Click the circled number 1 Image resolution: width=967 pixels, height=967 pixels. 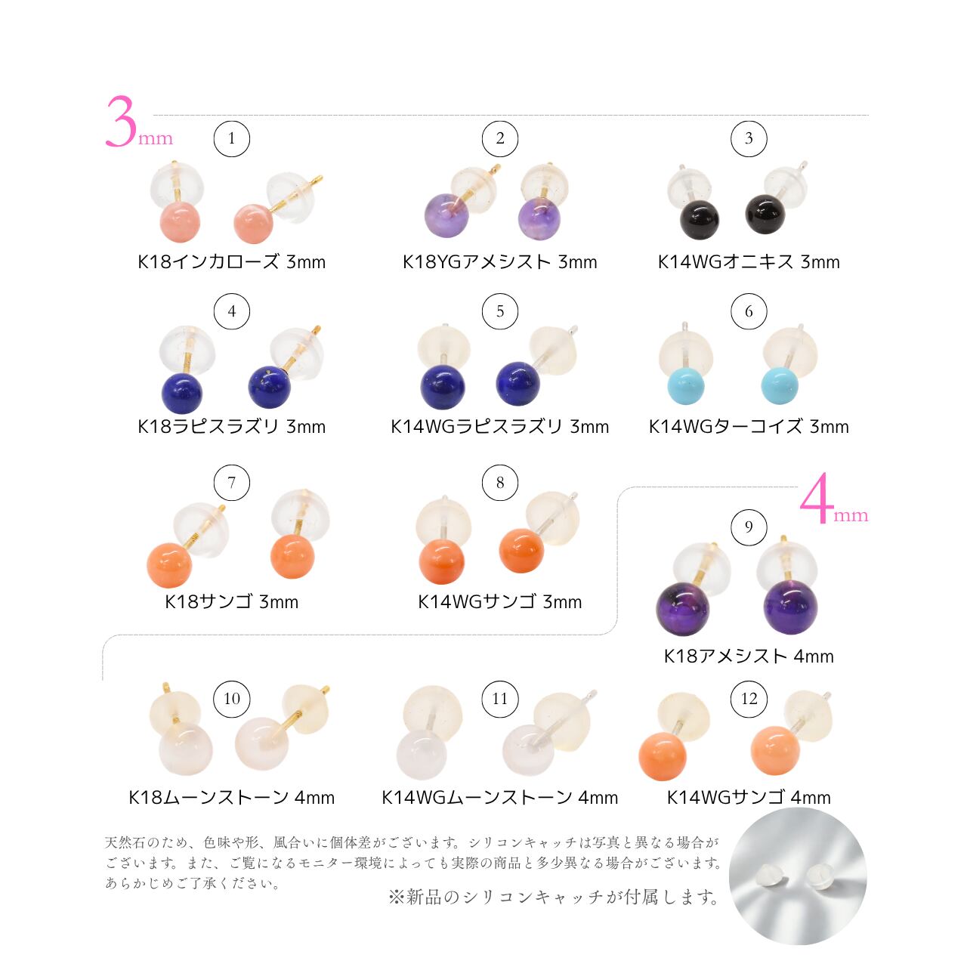pyautogui.click(x=231, y=138)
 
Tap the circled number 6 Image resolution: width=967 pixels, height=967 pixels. pyautogui.click(x=748, y=311)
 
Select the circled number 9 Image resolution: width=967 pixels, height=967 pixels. pyautogui.click(x=748, y=527)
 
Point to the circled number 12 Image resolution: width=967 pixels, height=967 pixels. pyautogui.click(x=748, y=699)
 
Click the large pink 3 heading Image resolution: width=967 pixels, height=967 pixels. pyautogui.click(x=121, y=122)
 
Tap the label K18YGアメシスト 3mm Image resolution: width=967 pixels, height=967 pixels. pyautogui.click(x=500, y=262)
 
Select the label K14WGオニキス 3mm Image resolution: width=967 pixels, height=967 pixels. pyautogui.click(x=748, y=262)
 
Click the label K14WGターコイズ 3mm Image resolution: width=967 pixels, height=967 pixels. pyautogui.click(x=748, y=427)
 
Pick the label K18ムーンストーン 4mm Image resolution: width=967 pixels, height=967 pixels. pyautogui.click(x=231, y=797)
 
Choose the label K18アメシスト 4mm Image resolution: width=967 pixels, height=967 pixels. pyautogui.click(x=748, y=656)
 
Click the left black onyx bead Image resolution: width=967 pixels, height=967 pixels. pyautogui.click(x=699, y=219)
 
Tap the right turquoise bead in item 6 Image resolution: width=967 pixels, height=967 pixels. pyautogui.click(x=779, y=386)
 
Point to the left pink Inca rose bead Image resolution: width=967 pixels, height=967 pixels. pyautogui.click(x=180, y=222)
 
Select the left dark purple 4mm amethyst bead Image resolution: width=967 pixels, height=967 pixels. pyautogui.click(x=682, y=609)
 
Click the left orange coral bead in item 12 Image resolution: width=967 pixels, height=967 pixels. pyautogui.click(x=663, y=756)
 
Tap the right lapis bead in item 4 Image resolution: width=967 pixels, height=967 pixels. pyautogui.click(x=270, y=387)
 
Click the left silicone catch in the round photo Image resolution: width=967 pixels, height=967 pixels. pyautogui.click(x=774, y=876)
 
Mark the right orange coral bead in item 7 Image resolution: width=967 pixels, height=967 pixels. pyautogui.click(x=293, y=557)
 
